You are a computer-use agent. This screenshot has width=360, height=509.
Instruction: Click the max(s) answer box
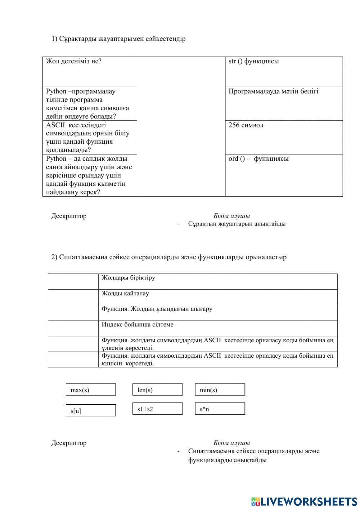(x=91, y=390)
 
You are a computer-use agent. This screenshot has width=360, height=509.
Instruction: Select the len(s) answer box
(x=157, y=390)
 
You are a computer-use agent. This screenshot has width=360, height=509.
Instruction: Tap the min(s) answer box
(x=220, y=390)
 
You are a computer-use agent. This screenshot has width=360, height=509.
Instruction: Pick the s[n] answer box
(x=91, y=410)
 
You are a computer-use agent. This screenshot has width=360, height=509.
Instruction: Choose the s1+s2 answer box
(x=157, y=409)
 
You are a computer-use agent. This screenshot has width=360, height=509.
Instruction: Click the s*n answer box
(x=220, y=409)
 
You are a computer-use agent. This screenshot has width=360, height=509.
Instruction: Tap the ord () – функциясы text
(x=258, y=159)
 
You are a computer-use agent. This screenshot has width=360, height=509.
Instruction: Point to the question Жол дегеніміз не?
(x=74, y=61)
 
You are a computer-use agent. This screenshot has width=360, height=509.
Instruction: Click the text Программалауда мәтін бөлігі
(x=273, y=91)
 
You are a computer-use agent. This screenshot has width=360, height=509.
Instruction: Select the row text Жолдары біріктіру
(x=128, y=278)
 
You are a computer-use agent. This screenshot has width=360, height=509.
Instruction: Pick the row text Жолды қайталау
(x=125, y=294)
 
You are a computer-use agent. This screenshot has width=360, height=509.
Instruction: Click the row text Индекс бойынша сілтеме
(x=137, y=325)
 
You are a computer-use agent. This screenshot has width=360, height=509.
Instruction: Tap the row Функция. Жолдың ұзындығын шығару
(x=157, y=309)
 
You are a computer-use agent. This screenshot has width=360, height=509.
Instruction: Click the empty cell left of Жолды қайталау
(x=73, y=297)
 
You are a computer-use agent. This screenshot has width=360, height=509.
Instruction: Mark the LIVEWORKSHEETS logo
(x=304, y=501)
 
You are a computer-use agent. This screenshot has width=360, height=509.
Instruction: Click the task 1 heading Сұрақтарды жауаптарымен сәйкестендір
(x=118, y=39)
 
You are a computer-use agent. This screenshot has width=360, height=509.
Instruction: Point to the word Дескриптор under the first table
(x=69, y=216)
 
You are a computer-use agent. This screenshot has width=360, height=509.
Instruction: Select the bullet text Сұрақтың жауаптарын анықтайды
(x=237, y=224)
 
